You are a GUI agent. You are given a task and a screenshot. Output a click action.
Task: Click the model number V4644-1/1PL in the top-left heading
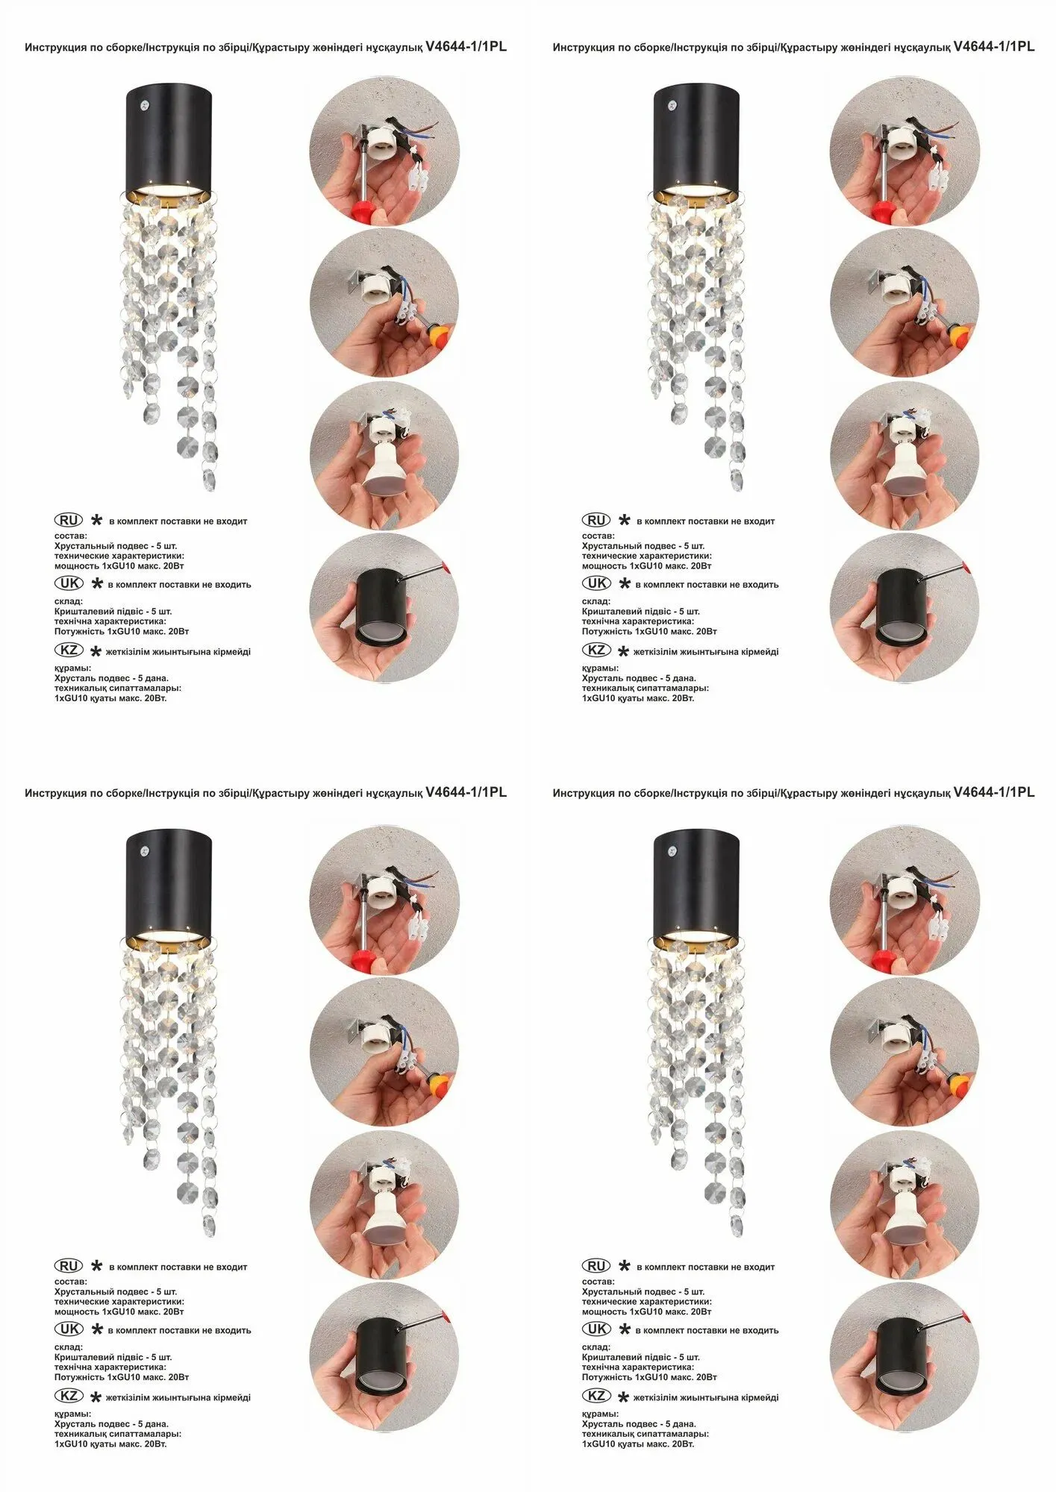coord(466,46)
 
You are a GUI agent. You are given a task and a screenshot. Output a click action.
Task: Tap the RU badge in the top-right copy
coord(596,520)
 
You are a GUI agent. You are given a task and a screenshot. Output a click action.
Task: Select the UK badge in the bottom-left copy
coord(69,1329)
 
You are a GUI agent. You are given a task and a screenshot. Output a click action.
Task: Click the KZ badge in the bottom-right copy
coord(596,1396)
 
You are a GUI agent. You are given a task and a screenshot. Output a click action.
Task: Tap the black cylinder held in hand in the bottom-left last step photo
coord(382,1356)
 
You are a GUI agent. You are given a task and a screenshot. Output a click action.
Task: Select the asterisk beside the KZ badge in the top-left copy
coord(96,652)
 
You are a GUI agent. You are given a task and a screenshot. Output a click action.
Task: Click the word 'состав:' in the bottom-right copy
coord(598,1282)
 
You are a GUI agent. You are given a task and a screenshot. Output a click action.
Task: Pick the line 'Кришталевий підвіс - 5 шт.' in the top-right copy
coord(640,611)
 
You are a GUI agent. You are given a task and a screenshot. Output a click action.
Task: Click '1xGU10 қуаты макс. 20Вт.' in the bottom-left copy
coord(110,1444)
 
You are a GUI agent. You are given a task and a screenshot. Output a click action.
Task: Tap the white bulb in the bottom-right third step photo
coord(905,1214)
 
